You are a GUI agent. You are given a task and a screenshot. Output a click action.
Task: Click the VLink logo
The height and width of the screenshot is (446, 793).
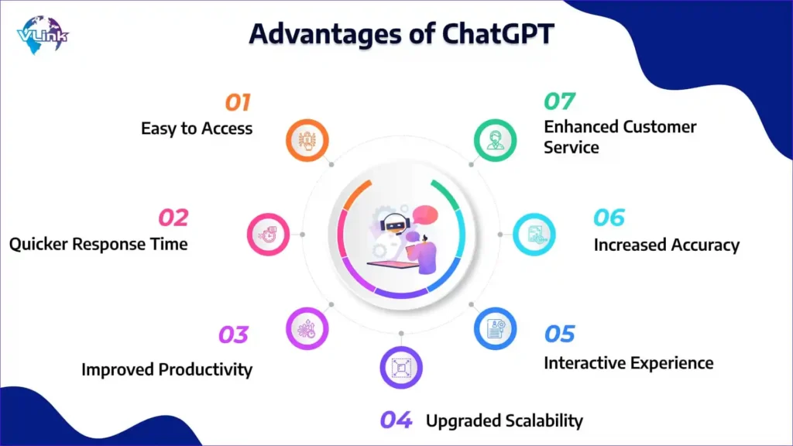point(43,34)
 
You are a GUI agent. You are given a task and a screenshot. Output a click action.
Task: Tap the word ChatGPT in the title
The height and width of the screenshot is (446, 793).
point(498,34)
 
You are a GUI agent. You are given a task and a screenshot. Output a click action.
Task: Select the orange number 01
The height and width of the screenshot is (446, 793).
point(238,103)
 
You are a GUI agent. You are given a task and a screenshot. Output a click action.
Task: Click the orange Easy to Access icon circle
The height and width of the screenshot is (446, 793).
point(307,141)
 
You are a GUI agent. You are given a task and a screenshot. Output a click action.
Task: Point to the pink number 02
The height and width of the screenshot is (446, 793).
point(173,218)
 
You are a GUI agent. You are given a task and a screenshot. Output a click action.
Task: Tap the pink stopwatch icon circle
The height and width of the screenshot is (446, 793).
point(268,234)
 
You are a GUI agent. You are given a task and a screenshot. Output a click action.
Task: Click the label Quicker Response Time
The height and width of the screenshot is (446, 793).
point(98,244)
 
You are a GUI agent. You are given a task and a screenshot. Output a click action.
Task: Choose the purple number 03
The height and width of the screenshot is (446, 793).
point(233,334)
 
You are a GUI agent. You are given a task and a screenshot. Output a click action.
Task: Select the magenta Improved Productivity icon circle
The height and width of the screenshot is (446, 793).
point(307,328)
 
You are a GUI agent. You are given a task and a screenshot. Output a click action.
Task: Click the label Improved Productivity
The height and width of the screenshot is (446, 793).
point(167,369)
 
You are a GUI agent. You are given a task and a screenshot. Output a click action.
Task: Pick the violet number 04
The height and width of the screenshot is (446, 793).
point(396,420)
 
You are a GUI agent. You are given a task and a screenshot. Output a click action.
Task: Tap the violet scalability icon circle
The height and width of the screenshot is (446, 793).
point(401,368)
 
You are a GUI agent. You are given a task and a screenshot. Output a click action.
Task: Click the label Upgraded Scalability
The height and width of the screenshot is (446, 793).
point(504,420)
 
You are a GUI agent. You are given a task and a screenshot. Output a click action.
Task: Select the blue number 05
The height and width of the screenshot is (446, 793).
point(559,334)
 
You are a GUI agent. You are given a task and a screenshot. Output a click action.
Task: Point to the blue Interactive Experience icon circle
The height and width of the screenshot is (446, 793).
point(495,328)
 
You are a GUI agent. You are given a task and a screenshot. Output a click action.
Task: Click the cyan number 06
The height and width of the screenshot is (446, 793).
point(609,218)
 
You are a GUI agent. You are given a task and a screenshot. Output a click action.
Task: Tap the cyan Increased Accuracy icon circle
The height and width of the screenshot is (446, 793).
point(534,234)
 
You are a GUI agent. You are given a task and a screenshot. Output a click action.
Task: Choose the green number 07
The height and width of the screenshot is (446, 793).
point(559,101)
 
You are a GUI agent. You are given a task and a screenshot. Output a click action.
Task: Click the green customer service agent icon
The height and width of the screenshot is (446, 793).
point(495,141)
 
